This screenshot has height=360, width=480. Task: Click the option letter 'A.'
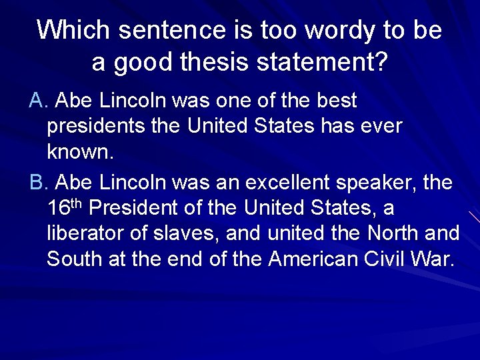click(39, 101)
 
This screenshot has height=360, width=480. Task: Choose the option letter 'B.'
click(39, 182)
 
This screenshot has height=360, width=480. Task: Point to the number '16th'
click(65, 207)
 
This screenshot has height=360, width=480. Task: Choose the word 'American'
click(315, 259)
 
